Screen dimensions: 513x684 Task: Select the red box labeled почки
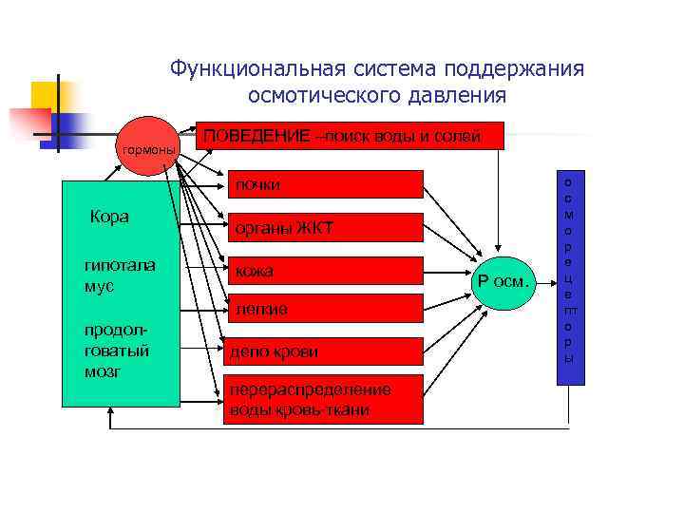coord(324,184)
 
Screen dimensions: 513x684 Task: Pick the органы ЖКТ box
coord(324,228)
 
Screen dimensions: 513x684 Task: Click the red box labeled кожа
coord(324,272)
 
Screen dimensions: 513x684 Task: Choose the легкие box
coord(324,309)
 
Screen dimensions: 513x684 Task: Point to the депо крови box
coord(324,352)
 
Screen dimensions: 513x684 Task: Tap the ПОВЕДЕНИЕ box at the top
coord(348,136)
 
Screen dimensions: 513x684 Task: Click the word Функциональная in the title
coord(258,69)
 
